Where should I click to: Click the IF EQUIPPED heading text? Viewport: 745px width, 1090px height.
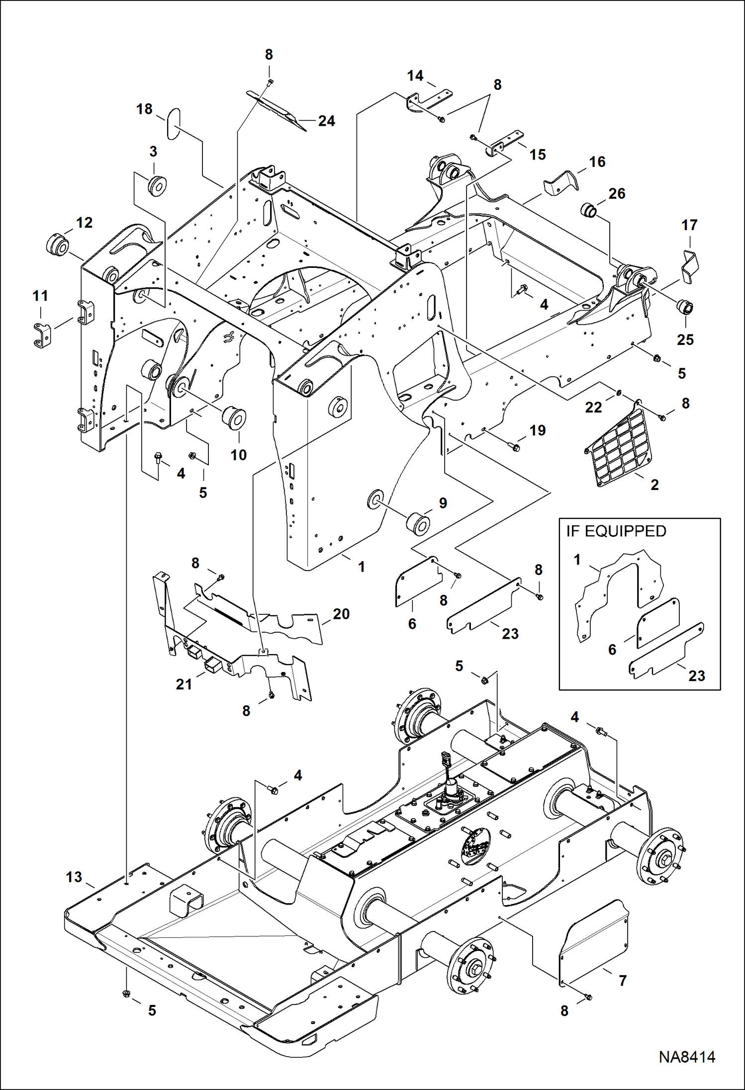coord(616,531)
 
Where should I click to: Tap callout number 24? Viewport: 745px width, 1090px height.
coord(326,121)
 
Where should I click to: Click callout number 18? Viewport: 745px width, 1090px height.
coord(144,109)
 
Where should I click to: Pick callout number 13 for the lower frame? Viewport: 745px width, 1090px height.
coord(74,877)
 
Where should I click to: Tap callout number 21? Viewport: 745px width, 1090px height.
coord(184,684)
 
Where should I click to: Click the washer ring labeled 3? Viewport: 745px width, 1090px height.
coord(159,185)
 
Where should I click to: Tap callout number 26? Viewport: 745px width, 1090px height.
coord(617,193)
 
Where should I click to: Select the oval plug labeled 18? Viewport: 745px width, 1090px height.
coord(173,124)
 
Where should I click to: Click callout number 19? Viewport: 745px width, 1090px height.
coord(538,430)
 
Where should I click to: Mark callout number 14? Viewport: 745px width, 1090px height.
coord(415,76)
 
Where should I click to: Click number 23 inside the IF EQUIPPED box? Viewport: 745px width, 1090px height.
coord(696,675)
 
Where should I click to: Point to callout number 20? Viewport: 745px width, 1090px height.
coord(341,614)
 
